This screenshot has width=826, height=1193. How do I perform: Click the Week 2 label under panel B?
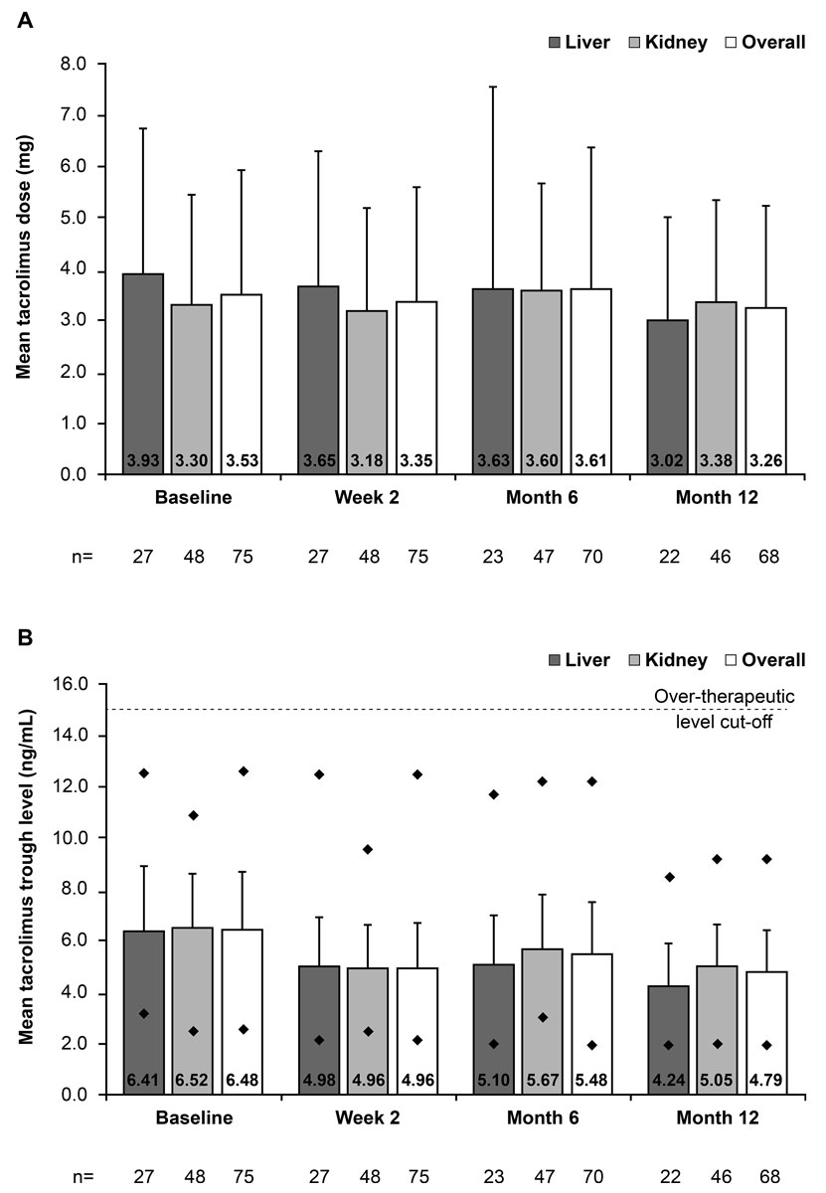[x=369, y=1117]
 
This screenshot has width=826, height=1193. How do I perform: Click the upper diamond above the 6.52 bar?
[x=193, y=815]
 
